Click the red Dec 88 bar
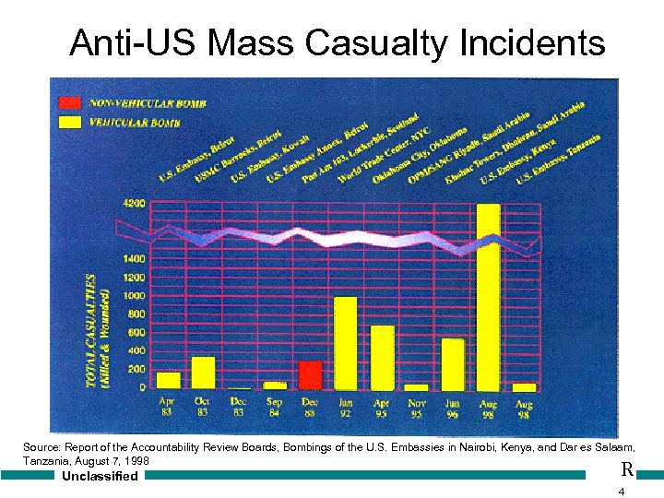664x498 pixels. (310, 374)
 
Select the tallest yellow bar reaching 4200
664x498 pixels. (488, 295)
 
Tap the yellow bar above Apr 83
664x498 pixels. (168, 380)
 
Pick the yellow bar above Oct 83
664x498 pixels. (203, 372)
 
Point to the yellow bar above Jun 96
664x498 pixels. (453, 363)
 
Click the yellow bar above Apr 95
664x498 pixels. (382, 357)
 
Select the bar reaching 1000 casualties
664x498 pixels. (346, 342)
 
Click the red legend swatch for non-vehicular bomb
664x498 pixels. (70, 103)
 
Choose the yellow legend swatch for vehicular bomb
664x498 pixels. (70, 120)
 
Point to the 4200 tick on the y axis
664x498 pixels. (134, 204)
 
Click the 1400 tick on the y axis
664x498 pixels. (134, 259)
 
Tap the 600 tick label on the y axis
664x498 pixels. (136, 333)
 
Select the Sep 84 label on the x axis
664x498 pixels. (274, 407)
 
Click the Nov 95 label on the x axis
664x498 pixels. (417, 407)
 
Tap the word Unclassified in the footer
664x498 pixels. (99, 476)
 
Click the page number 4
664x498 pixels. (622, 491)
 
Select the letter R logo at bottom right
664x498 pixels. (627, 469)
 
